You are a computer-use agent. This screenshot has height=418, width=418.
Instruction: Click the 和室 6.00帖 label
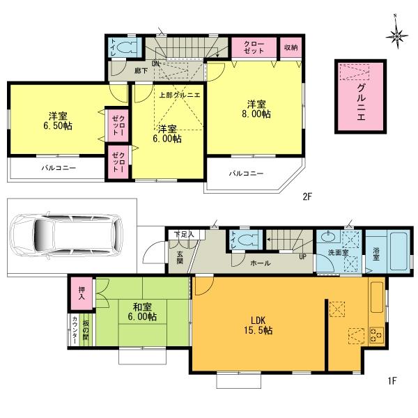pyautogui.click(x=141, y=311)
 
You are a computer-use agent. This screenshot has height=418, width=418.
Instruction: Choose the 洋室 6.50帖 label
pyautogui.click(x=59, y=120)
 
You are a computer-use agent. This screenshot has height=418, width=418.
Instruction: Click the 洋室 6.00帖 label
pyautogui.click(x=169, y=134)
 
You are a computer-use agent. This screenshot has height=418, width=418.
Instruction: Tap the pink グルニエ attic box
pyautogui.click(x=361, y=95)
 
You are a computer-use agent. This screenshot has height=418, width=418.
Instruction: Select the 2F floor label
pyautogui.click(x=307, y=197)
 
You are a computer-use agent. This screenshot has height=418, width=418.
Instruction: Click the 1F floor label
pyautogui.click(x=392, y=380)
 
